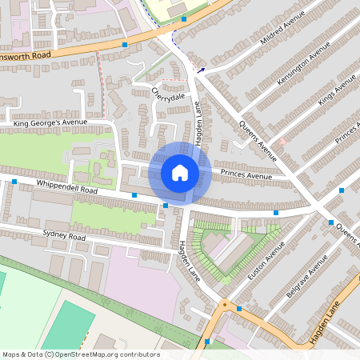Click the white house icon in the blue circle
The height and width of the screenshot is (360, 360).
(180, 173)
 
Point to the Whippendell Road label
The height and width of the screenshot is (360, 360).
(67, 188)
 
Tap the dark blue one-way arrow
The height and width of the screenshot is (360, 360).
(201, 70)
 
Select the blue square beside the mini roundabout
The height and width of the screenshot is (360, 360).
(238, 308)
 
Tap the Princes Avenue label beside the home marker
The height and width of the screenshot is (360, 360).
(248, 175)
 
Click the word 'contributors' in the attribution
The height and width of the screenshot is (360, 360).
(137, 354)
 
